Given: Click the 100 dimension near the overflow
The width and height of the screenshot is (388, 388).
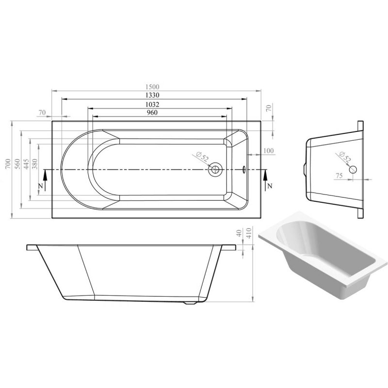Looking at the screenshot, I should coord(269,151).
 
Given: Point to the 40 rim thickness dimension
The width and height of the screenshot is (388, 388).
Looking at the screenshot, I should coord(239,233).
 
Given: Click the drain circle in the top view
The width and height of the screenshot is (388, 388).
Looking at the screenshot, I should coord(215,170).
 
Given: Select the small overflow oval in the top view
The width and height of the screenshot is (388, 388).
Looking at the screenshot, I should coord(243,170).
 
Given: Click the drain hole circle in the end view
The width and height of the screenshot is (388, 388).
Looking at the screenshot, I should coord(353,170).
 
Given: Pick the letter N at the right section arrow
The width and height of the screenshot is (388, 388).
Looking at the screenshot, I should coord(270,186).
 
